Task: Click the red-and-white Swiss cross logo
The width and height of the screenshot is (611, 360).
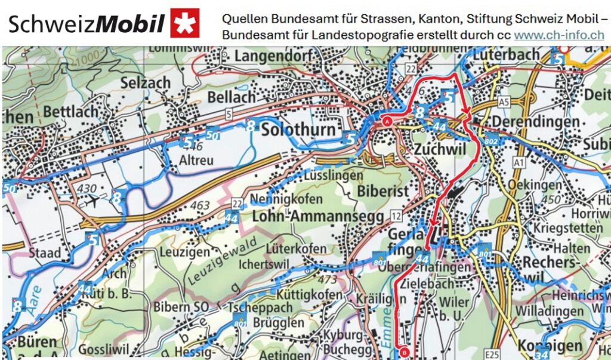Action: click(185, 23)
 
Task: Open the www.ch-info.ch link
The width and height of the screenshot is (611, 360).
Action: click(559, 35)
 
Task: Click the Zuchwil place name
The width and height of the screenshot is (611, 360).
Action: click(439, 149)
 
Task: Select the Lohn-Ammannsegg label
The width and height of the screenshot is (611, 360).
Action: click(318, 217)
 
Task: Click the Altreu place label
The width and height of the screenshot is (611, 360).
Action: click(197, 161)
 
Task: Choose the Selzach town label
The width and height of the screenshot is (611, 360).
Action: click(146, 84)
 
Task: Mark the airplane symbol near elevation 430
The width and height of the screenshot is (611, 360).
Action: click(95, 201)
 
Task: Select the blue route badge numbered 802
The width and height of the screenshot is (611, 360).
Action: click(491, 141)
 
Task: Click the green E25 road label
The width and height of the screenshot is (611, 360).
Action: click(492, 355)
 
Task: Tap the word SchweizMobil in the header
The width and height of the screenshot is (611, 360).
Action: click(87, 24)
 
